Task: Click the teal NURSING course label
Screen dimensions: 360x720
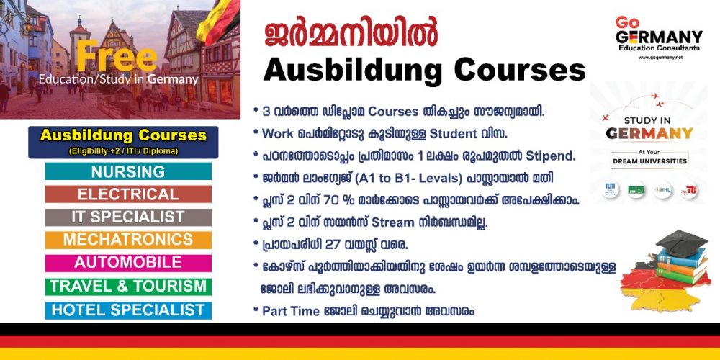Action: point(128,172)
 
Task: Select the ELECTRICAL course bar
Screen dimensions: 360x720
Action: point(128,194)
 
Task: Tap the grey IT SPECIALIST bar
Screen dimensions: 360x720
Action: point(128,217)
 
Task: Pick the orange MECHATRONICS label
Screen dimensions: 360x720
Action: point(128,240)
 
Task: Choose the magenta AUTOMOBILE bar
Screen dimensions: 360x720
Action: point(128,263)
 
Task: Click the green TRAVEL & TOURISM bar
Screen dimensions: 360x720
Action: point(128,286)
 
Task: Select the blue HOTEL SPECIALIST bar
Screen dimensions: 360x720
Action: point(128,310)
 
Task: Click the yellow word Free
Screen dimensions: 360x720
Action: point(116,56)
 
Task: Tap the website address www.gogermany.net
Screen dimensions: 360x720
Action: point(660,57)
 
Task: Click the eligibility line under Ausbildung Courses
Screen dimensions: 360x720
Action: point(123,150)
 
